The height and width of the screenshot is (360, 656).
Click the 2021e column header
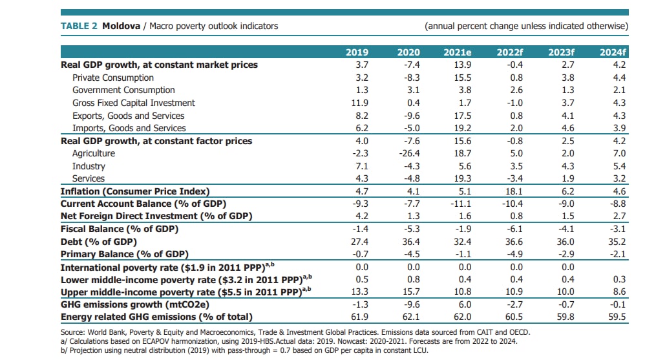[457, 52]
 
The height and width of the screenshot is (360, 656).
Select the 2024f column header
[613, 52]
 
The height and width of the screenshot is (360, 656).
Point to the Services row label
[88, 178]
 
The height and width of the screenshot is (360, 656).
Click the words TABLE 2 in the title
[79, 26]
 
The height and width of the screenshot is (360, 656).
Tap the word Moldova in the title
[121, 26]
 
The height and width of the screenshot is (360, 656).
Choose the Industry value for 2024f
[619, 166]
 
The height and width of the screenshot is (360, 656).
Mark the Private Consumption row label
[104, 78]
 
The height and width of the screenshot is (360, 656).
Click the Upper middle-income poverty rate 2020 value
[410, 292]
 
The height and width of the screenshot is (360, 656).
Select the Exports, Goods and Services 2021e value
[460, 116]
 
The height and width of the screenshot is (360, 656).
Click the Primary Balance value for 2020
[410, 254]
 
